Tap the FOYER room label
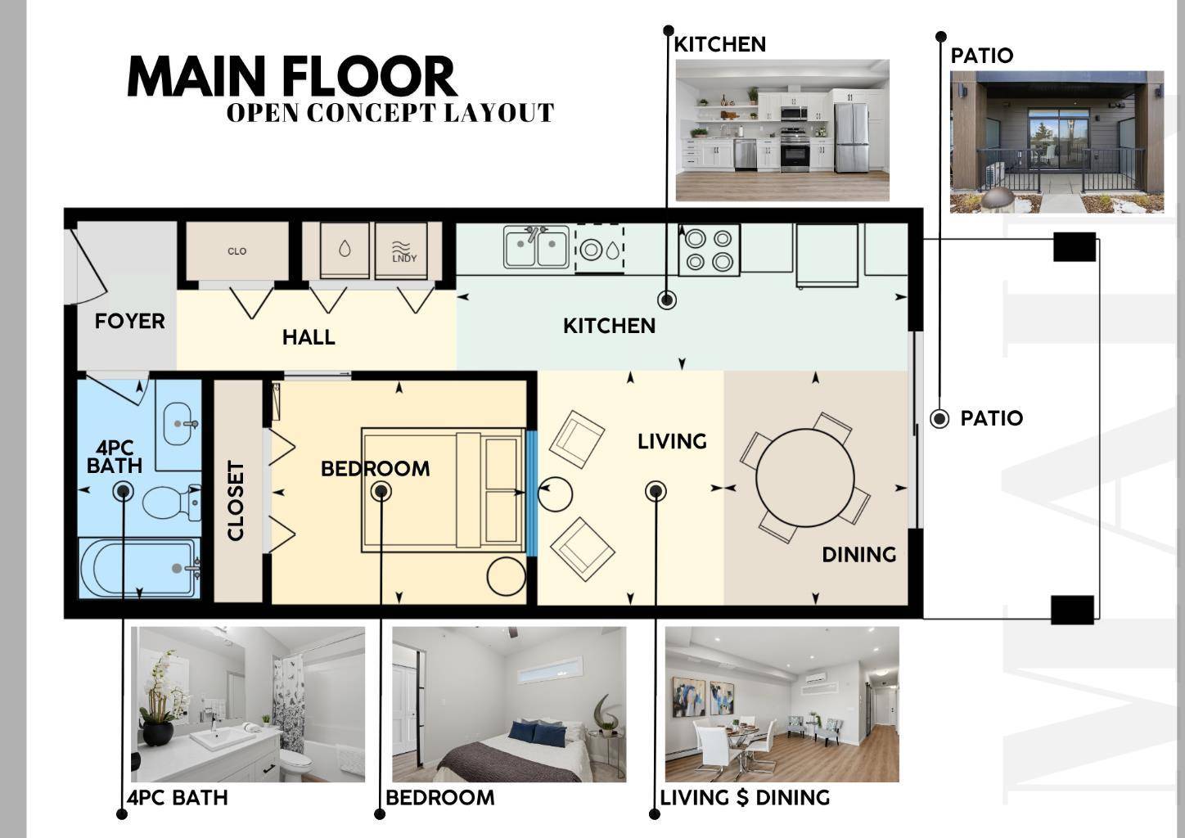point(129,322)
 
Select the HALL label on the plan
point(309,337)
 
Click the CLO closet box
point(237,251)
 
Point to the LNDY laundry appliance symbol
point(404,251)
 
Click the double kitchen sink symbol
point(537,247)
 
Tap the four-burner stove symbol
point(709,250)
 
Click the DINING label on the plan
point(858,555)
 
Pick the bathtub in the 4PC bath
point(139,568)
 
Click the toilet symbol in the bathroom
point(172,502)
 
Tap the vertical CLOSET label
point(237,501)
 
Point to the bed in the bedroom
point(443,489)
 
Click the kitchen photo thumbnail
point(782,129)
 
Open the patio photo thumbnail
point(1057,142)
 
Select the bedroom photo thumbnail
point(509,704)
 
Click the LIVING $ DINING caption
point(745,798)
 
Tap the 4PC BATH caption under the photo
point(178,798)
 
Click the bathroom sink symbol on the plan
point(178,423)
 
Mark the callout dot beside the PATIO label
point(939,419)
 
